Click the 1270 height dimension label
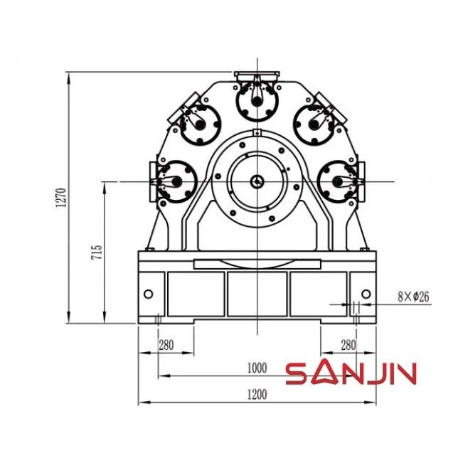click(x=61, y=197)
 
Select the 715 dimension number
click(x=97, y=252)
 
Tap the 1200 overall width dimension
click(x=257, y=394)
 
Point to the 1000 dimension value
click(x=257, y=368)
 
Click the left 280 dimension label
click(x=166, y=345)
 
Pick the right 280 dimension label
click(x=348, y=345)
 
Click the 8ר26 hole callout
click(x=413, y=297)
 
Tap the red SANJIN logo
click(x=351, y=373)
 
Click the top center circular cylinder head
click(x=257, y=100)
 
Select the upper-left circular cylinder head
click(x=200, y=125)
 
